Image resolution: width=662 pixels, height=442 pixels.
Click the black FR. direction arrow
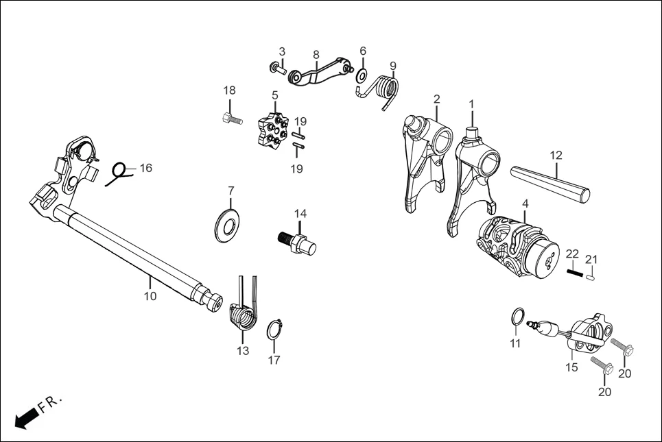click(26, 417)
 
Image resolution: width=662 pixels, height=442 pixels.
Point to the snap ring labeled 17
click(274, 329)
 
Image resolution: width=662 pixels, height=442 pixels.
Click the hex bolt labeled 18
click(232, 120)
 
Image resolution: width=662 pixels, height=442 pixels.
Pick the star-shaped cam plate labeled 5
click(272, 130)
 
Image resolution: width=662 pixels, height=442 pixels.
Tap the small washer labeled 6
click(362, 73)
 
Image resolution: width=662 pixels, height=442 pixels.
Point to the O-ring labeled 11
click(519, 317)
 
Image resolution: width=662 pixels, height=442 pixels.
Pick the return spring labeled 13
click(243, 315)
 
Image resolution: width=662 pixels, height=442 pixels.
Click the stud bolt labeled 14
click(297, 242)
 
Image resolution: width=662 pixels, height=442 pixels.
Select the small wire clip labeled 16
click(119, 173)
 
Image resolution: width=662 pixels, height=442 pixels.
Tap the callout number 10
click(150, 296)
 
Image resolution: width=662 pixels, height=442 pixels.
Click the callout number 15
click(571, 367)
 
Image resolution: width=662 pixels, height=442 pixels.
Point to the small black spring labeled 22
click(574, 272)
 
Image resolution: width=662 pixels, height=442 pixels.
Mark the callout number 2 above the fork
click(436, 99)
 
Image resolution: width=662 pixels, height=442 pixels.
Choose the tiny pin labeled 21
click(591, 276)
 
